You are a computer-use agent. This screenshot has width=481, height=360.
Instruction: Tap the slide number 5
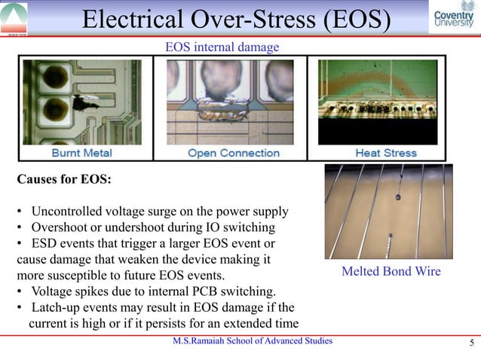(x=470, y=345)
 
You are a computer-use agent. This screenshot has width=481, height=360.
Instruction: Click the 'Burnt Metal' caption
(x=81, y=153)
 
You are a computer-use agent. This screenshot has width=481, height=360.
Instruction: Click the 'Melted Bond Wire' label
(x=391, y=271)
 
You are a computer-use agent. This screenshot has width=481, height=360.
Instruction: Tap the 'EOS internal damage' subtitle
(x=222, y=47)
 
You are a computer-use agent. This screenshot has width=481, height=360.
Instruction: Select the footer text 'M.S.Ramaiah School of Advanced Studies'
(x=252, y=341)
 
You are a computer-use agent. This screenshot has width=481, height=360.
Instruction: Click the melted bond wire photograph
(x=389, y=211)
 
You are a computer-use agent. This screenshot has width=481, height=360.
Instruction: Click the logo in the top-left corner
(x=14, y=17)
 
